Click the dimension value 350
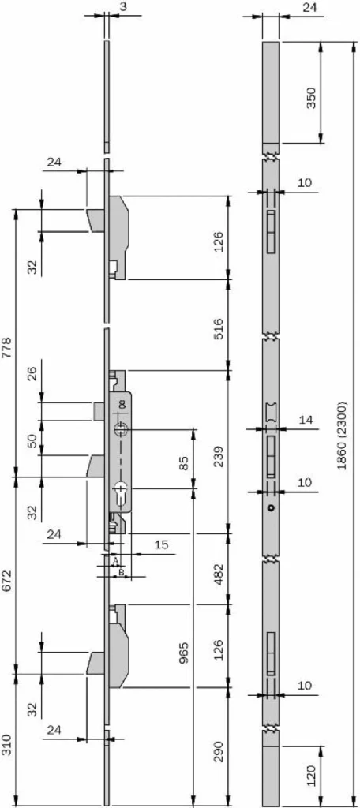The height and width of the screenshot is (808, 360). (312, 98)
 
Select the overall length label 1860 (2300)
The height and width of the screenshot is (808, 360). (342, 436)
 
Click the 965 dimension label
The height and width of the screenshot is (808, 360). (184, 653)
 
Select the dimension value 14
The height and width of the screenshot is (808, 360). (306, 420)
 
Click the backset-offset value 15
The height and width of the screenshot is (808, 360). (161, 544)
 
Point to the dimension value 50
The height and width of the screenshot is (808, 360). (32, 441)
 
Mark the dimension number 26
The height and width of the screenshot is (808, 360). (32, 373)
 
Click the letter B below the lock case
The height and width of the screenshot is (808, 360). (121, 572)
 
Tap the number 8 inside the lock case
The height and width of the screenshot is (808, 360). (122, 405)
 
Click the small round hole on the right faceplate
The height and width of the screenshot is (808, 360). (272, 509)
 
